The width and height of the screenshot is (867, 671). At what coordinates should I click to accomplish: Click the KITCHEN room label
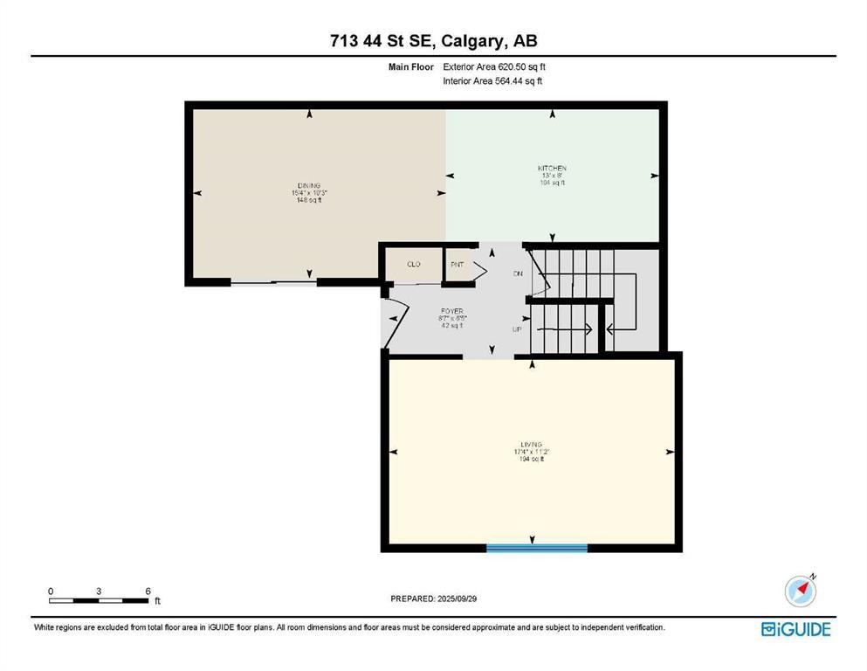(x=552, y=168)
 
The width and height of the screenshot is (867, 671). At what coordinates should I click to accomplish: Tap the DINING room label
(x=308, y=185)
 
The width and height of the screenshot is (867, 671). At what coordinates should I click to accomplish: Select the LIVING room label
(x=531, y=445)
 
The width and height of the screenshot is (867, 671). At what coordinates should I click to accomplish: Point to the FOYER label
(x=451, y=310)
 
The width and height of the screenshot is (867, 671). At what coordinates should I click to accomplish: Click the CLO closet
(x=414, y=264)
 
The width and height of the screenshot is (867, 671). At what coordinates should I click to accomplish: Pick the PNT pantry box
(x=457, y=264)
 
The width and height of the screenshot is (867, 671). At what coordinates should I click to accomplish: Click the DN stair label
(x=517, y=274)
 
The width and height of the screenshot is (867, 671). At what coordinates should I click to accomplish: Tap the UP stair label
(x=517, y=329)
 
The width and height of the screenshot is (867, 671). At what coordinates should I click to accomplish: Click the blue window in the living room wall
(x=536, y=548)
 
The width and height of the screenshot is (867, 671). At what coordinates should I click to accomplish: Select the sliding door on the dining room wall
(x=273, y=282)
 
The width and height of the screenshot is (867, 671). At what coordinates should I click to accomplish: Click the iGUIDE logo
(x=795, y=629)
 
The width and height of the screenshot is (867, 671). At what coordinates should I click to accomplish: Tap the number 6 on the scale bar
(x=148, y=591)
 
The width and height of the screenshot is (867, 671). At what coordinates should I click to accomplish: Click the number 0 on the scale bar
(x=51, y=591)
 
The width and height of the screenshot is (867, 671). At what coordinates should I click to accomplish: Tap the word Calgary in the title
(x=481, y=41)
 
